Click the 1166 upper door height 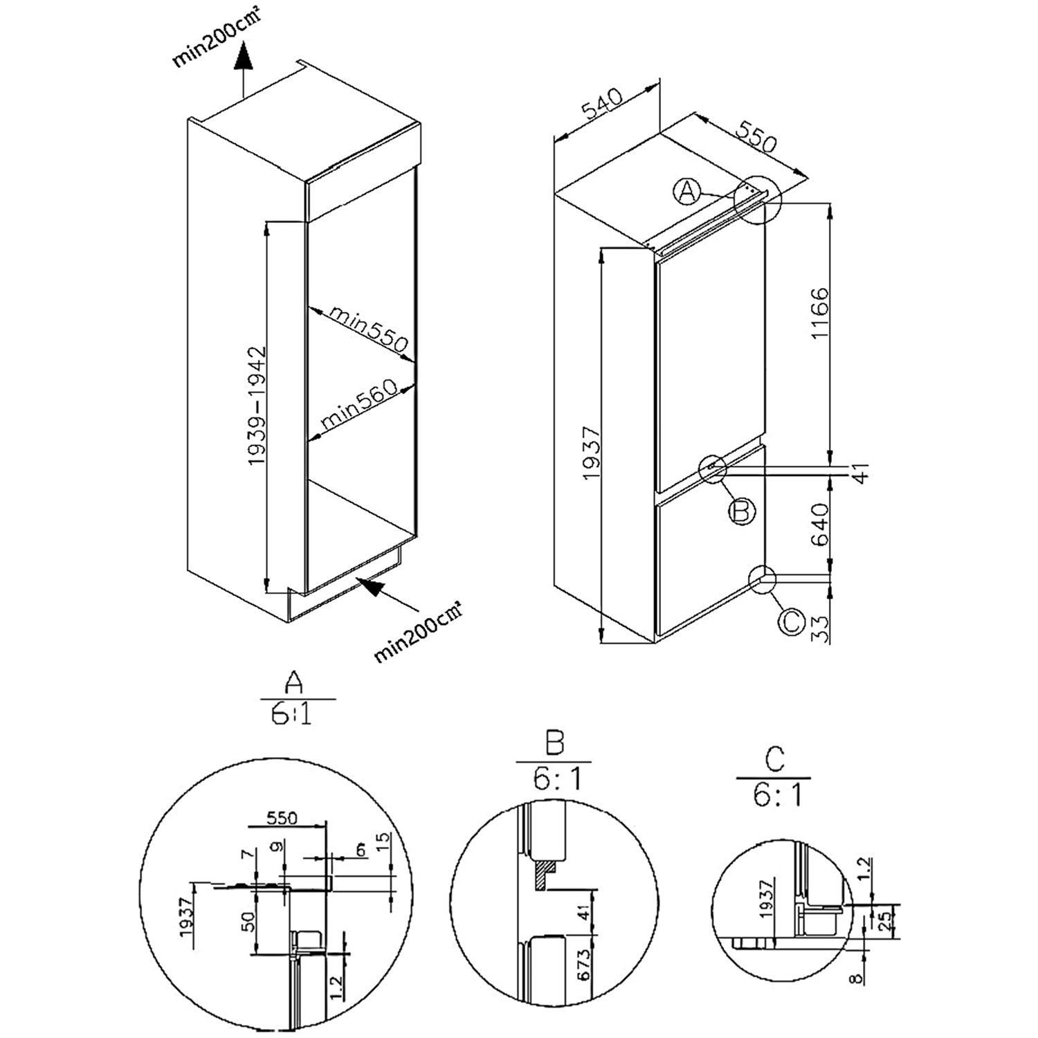(821, 313)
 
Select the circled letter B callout (741, 511)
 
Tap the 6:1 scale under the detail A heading (291, 713)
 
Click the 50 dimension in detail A (249, 920)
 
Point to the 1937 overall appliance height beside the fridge (590, 456)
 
